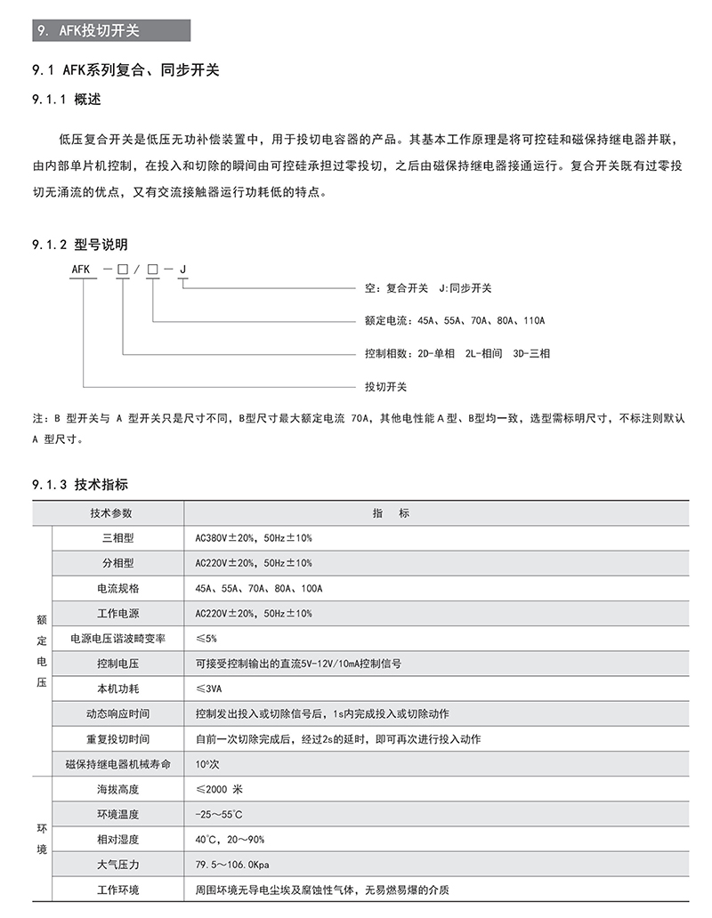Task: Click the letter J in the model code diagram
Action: pyautogui.click(x=182, y=268)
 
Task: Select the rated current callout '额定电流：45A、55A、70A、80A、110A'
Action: pyautogui.click(x=454, y=320)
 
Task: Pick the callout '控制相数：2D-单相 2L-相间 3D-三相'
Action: pyautogui.click(x=457, y=353)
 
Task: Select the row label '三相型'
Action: pyautogui.click(x=117, y=538)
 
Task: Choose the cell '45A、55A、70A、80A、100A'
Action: pyautogui.click(x=258, y=589)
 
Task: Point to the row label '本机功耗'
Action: pyautogui.click(x=117, y=689)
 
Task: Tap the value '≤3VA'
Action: pyautogui.click(x=209, y=689)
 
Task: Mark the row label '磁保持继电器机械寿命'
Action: pyautogui.click(x=117, y=764)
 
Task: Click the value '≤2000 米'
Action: pyautogui.click(x=219, y=790)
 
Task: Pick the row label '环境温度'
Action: pyautogui.click(x=117, y=815)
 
